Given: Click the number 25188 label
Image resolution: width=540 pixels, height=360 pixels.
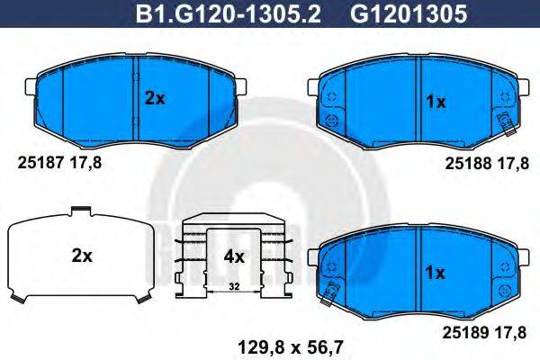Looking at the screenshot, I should pyautogui.click(x=465, y=162).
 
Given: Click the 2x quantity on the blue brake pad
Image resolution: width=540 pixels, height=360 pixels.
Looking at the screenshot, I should pyautogui.click(x=155, y=100).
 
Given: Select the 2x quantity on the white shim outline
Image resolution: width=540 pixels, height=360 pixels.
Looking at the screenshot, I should pyautogui.click(x=82, y=256).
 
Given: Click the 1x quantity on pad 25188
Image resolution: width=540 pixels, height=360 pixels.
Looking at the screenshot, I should pyautogui.click(x=436, y=102).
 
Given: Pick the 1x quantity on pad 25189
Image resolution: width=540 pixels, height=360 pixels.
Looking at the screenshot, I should pyautogui.click(x=436, y=270).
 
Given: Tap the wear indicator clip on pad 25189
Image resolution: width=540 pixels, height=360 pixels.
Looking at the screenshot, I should pyautogui.click(x=332, y=289).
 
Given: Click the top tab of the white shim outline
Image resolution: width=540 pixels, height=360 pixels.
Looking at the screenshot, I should pyautogui.click(x=81, y=212).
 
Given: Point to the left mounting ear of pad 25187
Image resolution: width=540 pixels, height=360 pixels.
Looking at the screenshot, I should pyautogui.click(x=27, y=87).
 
